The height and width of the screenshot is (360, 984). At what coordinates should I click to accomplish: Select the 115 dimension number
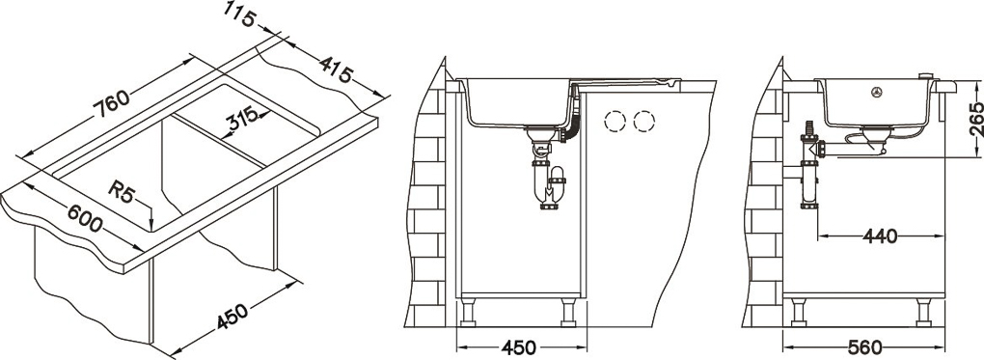pyautogui.click(x=241, y=14)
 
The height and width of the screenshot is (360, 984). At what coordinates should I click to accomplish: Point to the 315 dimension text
pyautogui.click(x=243, y=120)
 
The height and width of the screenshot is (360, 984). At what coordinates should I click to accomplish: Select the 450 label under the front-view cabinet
pyautogui.click(x=518, y=347)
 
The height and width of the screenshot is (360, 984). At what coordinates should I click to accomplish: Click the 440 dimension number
pyautogui.click(x=880, y=236)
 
